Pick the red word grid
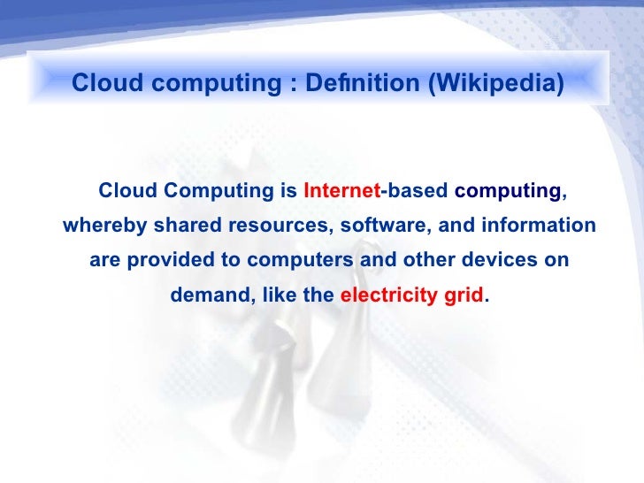(464, 296)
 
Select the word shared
(188, 226)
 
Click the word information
(539, 226)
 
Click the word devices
(492, 261)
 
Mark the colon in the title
(289, 84)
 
